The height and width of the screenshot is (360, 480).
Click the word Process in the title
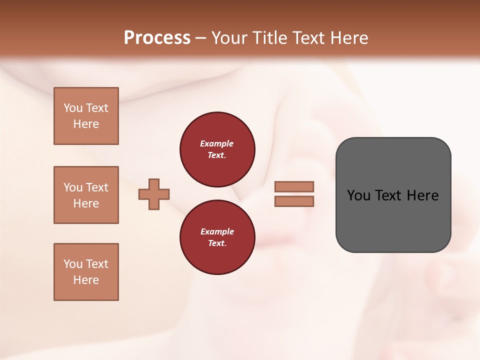coord(157,38)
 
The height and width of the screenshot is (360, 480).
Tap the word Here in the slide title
coord(347,38)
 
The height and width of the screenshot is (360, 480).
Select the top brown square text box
coord(86,116)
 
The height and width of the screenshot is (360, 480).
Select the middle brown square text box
coord(86,195)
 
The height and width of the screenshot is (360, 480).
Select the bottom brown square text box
coord(86,272)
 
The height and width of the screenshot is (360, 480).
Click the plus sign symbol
coord(154,194)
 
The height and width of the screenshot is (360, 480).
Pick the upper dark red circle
coord(217,149)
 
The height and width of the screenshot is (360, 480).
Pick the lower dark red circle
coord(217,237)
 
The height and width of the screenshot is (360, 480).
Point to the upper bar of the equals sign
coord(294,186)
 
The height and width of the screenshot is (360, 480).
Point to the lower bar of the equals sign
coord(294,201)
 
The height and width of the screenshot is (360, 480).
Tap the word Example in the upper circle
coord(217,143)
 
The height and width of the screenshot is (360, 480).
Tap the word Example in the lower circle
coord(217,231)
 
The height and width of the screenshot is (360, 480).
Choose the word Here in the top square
coord(86,124)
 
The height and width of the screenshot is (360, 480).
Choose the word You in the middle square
coord(73,187)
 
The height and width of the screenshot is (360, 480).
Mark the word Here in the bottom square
coord(86,280)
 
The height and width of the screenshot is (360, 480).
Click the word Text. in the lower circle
coord(217,243)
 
